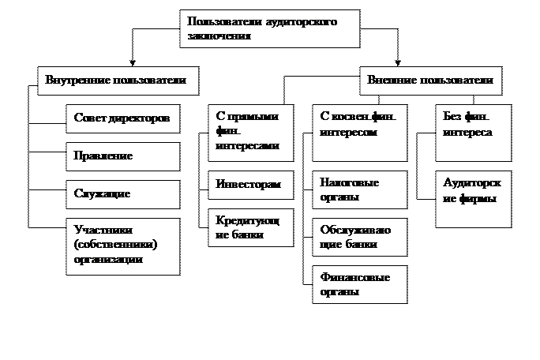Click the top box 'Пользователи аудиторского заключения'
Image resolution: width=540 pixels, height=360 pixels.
[x=269, y=29]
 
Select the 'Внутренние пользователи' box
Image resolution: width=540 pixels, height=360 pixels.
[x=117, y=81]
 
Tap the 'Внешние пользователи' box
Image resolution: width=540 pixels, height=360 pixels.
[x=430, y=81]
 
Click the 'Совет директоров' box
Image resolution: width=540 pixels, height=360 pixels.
[x=122, y=118]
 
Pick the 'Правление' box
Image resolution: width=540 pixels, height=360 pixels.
[x=122, y=156]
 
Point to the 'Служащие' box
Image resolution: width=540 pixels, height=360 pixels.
[x=122, y=194]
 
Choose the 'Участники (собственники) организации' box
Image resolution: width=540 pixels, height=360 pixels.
[x=122, y=246]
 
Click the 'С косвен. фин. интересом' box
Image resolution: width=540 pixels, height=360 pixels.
[x=359, y=131]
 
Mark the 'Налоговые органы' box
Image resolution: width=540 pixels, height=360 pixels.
[x=359, y=189]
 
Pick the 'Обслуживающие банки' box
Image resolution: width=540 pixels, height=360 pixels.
[x=359, y=238]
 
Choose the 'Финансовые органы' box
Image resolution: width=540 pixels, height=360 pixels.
[x=359, y=284]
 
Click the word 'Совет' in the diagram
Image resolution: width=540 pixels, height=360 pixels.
[x=90, y=118]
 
